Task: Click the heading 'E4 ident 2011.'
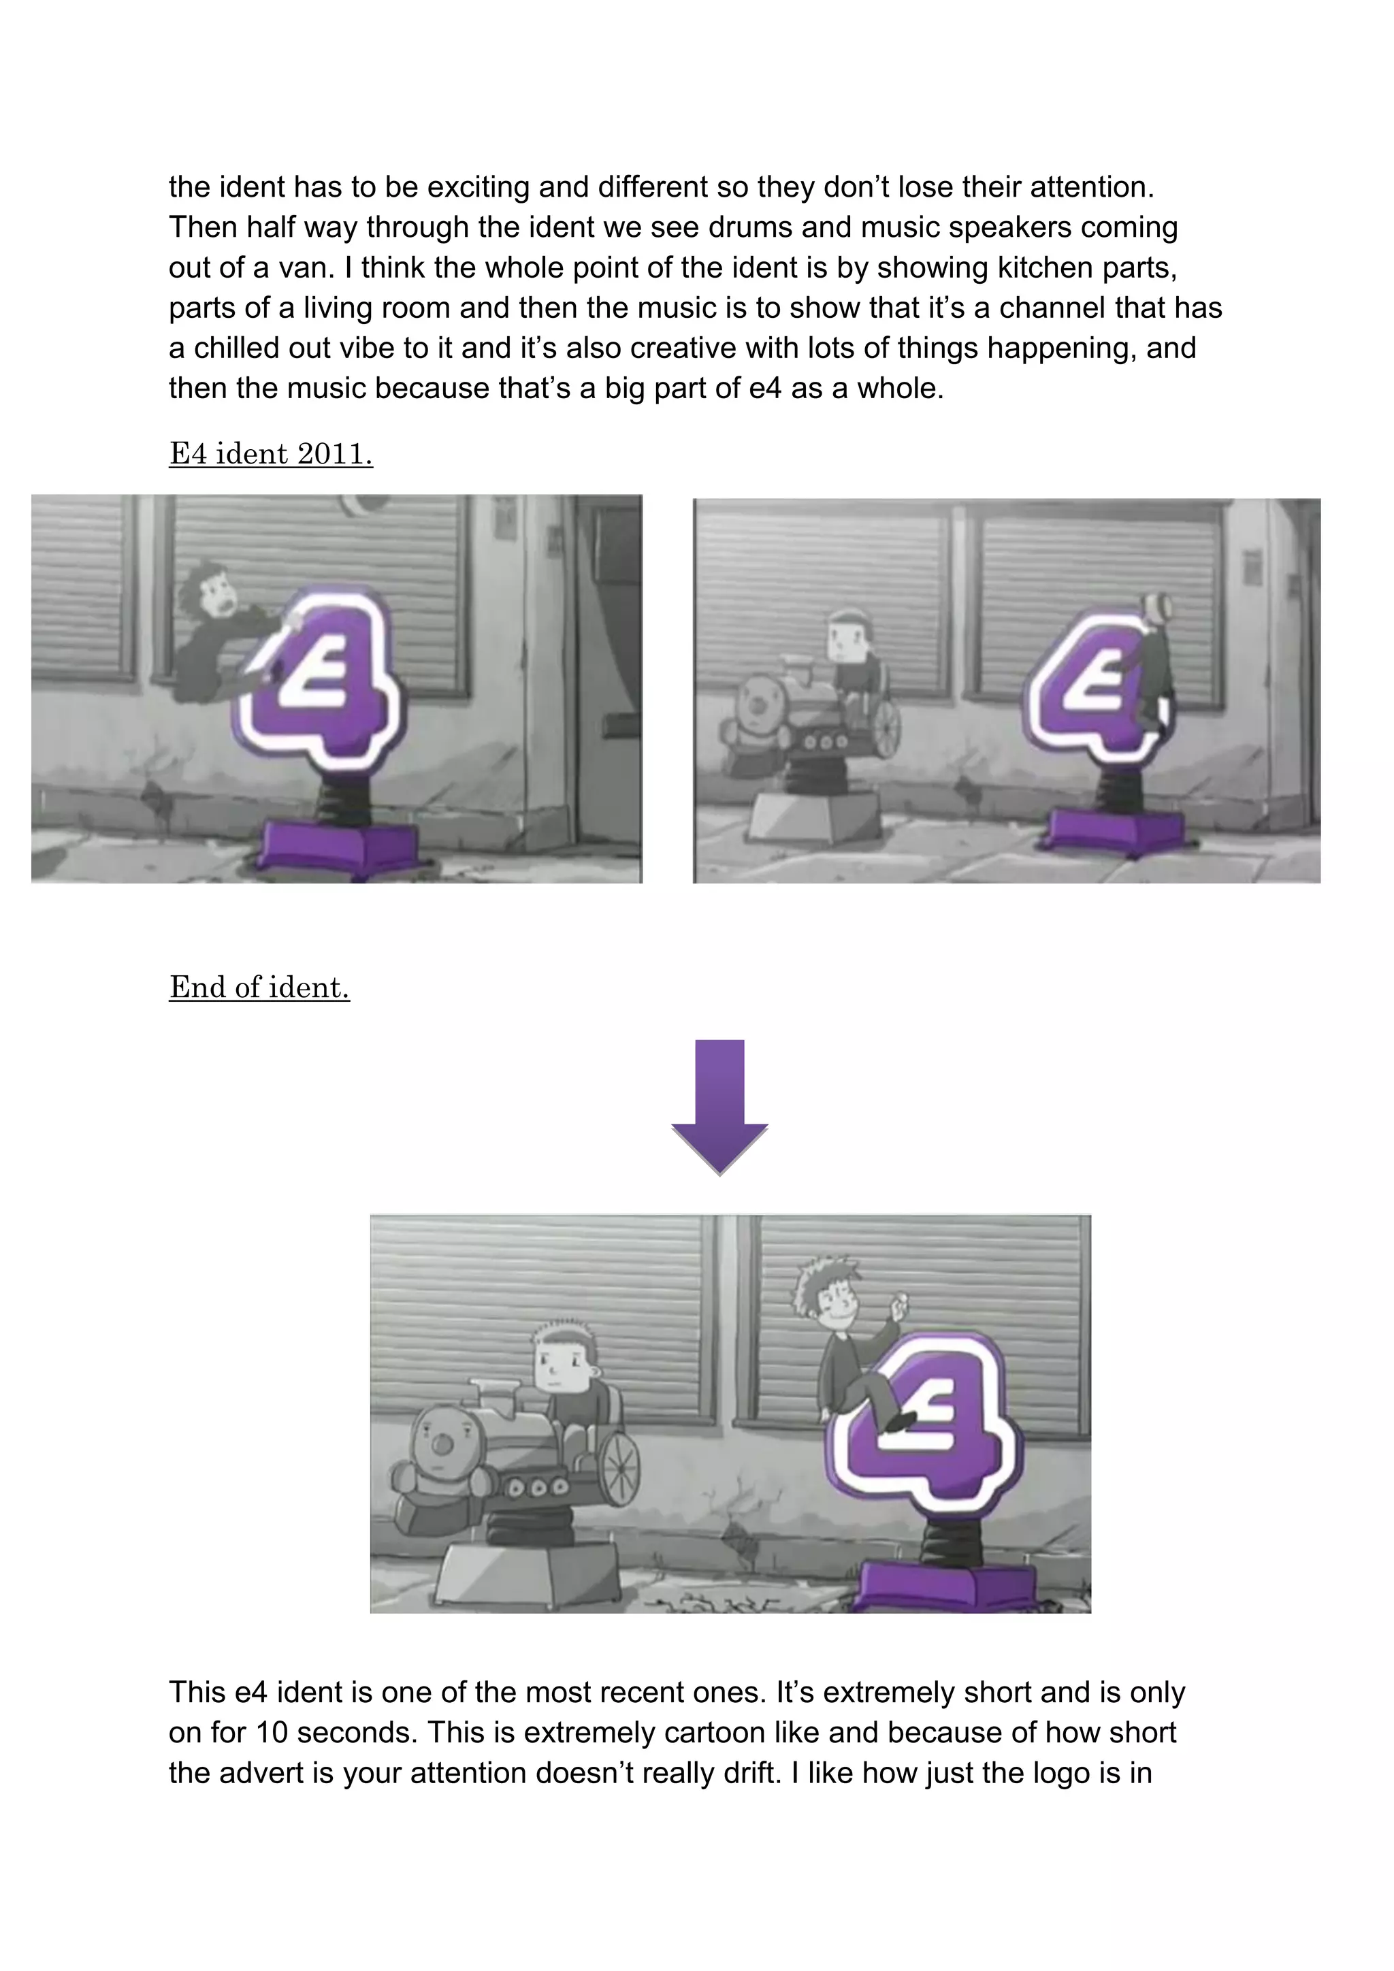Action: click(272, 453)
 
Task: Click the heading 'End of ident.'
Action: click(259, 988)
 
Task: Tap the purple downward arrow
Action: click(719, 1107)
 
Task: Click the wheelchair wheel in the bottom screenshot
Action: click(619, 1467)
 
